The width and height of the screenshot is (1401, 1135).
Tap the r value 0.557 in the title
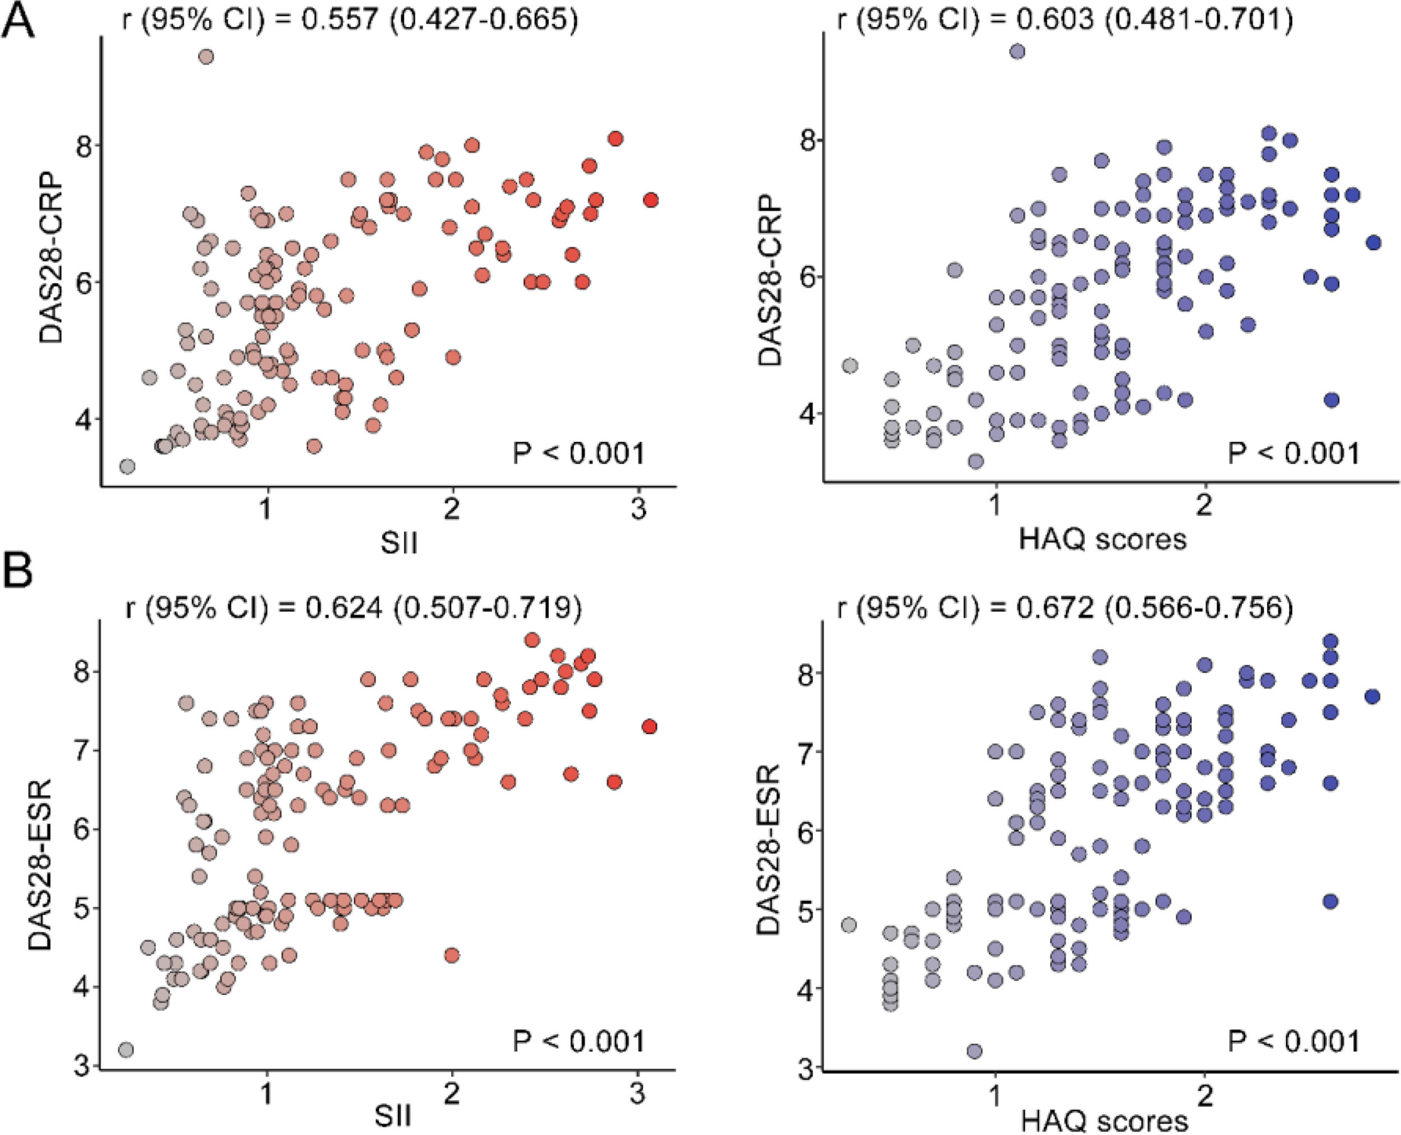pos(340,19)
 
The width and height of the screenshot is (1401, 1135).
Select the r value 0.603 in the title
pos(1054,19)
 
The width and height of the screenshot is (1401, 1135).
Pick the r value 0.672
pos(1054,608)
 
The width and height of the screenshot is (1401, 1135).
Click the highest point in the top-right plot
pos(1017,51)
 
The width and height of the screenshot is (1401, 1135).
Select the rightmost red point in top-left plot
pos(650,200)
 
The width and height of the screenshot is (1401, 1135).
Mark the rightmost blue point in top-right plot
pos(1374,243)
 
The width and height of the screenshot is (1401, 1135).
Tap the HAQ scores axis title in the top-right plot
pos(1102,539)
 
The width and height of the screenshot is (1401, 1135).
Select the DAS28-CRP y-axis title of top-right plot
pos(769,279)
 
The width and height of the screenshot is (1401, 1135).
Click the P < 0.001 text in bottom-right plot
pos(1293,1041)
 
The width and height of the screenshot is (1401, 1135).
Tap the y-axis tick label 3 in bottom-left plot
pos(82,1068)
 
